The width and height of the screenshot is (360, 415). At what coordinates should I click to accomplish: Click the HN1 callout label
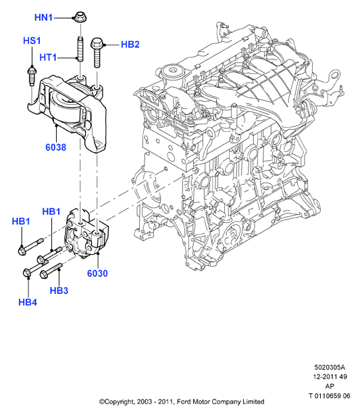(x=44, y=18)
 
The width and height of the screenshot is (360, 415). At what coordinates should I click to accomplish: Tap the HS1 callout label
(x=32, y=41)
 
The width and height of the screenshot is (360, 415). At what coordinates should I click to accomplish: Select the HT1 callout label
(x=48, y=57)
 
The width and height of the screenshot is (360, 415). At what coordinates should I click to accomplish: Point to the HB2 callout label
(x=130, y=44)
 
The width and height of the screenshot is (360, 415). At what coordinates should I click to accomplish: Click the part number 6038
(x=56, y=147)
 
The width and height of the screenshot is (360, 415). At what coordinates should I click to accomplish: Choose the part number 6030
(x=98, y=273)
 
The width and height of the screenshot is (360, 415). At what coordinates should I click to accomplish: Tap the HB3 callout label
(x=59, y=291)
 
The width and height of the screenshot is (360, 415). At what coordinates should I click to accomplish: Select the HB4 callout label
(x=28, y=302)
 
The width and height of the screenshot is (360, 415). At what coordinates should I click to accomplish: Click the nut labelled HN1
(x=80, y=18)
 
